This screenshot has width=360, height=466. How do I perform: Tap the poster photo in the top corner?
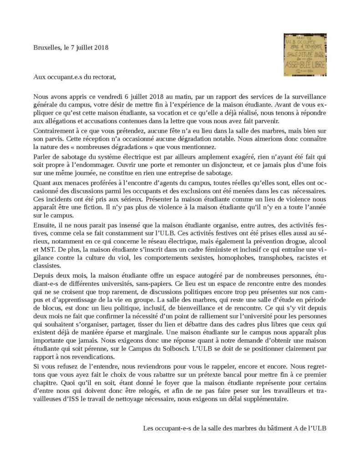[304, 55]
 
